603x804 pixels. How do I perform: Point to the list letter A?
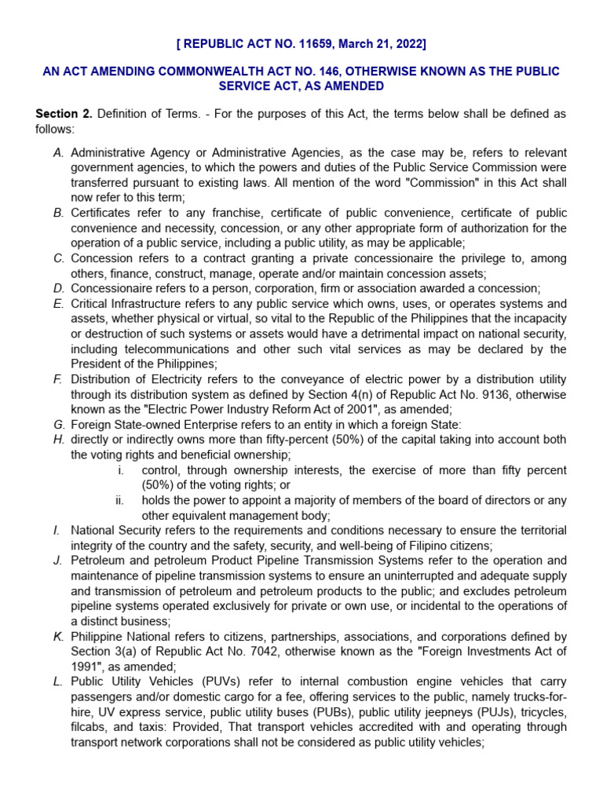[59, 152]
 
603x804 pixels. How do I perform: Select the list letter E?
[59, 304]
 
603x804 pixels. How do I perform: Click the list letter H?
[59, 440]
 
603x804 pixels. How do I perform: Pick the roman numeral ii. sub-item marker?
[119, 500]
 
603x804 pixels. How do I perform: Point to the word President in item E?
[96, 364]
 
